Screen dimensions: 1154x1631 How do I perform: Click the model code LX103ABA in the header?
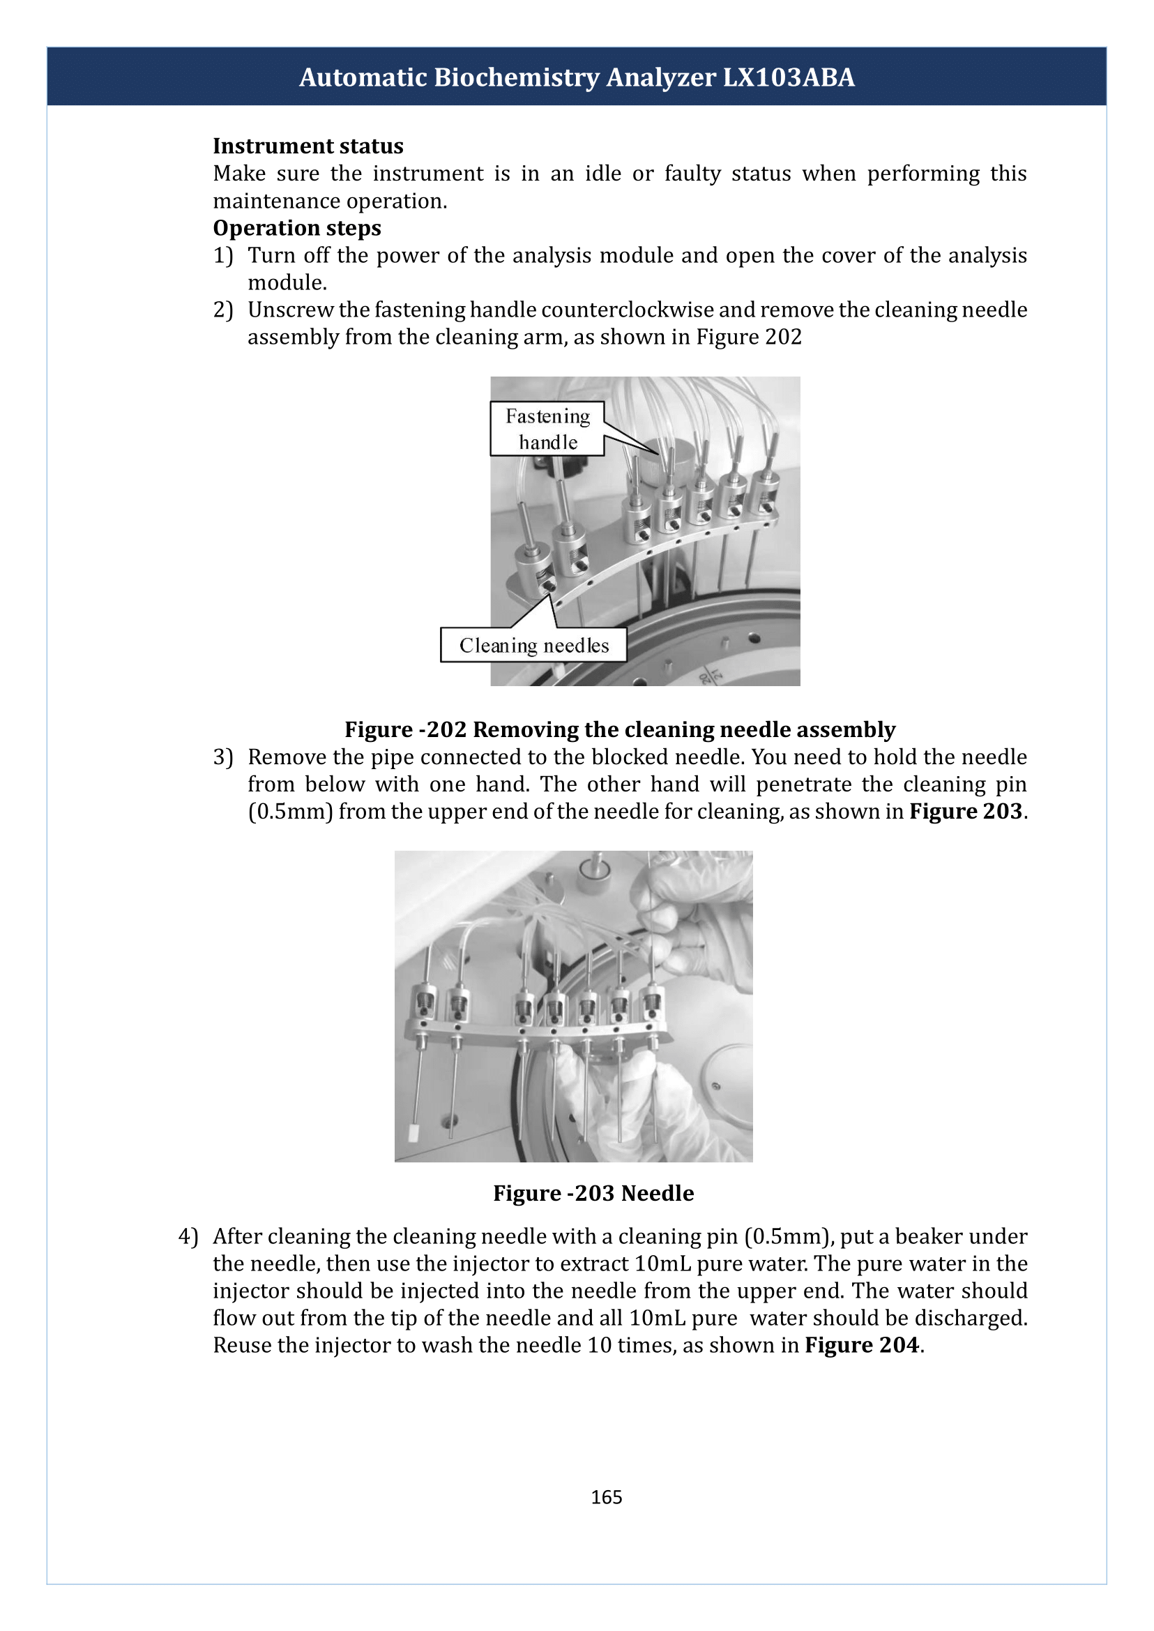pos(789,77)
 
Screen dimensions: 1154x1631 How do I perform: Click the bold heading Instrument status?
pos(308,146)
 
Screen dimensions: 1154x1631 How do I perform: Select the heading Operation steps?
pos(297,228)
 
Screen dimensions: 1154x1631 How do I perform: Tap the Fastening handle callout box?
pos(547,429)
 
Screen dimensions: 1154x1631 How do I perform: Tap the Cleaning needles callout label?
pos(533,644)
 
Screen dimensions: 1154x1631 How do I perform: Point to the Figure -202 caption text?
pos(620,730)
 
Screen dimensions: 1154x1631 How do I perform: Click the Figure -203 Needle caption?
pos(593,1193)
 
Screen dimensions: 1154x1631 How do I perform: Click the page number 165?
pos(606,1497)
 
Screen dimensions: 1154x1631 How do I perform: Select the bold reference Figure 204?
pos(862,1345)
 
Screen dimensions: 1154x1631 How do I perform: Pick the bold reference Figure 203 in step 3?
pos(966,812)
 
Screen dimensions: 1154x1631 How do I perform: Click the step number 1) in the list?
pos(223,256)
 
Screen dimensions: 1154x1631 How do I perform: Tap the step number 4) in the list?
pos(188,1236)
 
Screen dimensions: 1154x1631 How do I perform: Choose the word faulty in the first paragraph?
pos(692,174)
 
